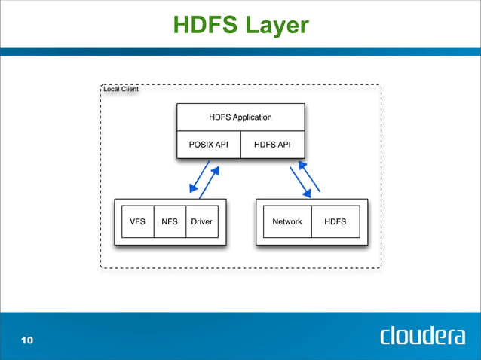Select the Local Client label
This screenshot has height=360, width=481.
coord(121,90)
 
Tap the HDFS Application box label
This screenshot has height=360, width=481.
coord(240,117)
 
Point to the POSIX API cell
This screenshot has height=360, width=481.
coord(208,145)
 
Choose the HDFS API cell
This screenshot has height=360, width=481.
coord(272,145)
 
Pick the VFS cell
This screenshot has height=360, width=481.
coord(137,222)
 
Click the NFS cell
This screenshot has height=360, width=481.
coord(170,222)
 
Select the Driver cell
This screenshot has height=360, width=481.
coord(201,222)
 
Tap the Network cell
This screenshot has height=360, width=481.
coord(286,222)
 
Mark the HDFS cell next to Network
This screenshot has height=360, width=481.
coord(335,222)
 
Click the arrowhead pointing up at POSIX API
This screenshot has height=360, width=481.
coord(215,171)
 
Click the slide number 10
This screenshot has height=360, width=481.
coord(27,341)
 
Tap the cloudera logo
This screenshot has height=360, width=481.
coord(422,336)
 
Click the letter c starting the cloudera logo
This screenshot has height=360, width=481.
coord(386,337)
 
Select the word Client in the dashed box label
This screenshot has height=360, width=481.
coord(129,90)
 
